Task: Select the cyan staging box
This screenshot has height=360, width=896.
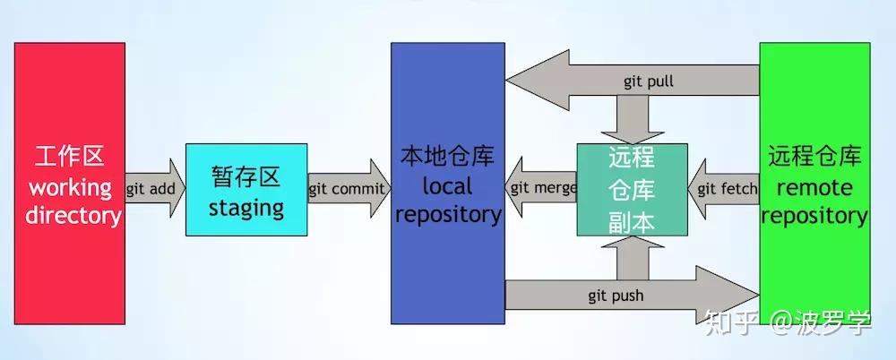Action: (x=246, y=189)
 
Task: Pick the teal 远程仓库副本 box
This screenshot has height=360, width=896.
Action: (x=633, y=189)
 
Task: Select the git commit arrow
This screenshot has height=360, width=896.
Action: (x=348, y=189)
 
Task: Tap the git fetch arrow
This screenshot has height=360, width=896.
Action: (x=724, y=189)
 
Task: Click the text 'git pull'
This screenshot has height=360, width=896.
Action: (x=649, y=81)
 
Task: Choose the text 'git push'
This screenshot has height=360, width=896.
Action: (x=616, y=295)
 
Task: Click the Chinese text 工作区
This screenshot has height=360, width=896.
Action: (x=70, y=157)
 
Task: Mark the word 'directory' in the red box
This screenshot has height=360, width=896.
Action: (x=72, y=216)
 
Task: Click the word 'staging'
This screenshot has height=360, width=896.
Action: (x=246, y=209)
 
